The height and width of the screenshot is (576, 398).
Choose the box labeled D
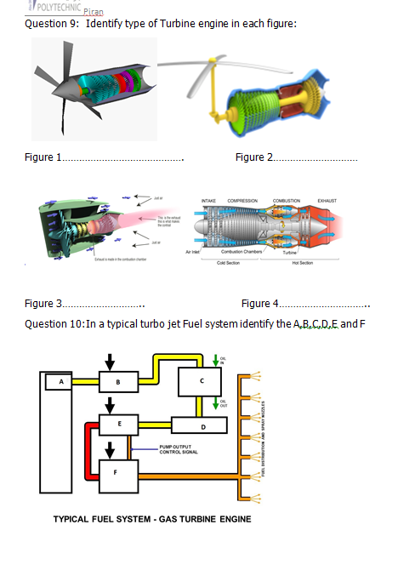click(200, 425)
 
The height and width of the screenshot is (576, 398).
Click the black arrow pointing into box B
click(108, 360)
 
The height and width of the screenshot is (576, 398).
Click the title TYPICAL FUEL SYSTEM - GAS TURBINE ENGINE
click(152, 519)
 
